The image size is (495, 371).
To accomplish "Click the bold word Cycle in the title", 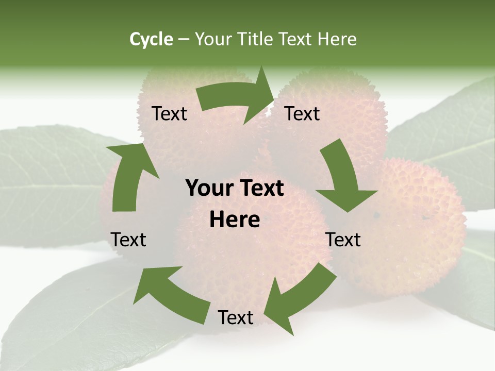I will click(151, 39).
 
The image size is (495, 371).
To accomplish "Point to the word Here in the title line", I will click(337, 39).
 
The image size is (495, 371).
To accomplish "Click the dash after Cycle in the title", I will click(184, 39).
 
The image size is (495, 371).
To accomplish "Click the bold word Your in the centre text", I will click(207, 189).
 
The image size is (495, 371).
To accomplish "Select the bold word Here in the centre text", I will click(235, 220).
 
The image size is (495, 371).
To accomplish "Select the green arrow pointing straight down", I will click(343, 175).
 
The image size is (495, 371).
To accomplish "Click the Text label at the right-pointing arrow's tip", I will click(303, 114).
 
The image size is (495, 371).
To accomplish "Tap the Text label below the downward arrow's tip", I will click(343, 240).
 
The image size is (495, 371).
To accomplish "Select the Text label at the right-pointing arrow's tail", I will click(169, 114).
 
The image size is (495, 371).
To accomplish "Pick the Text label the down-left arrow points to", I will click(236, 317).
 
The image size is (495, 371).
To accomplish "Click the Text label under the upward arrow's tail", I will click(128, 240).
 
